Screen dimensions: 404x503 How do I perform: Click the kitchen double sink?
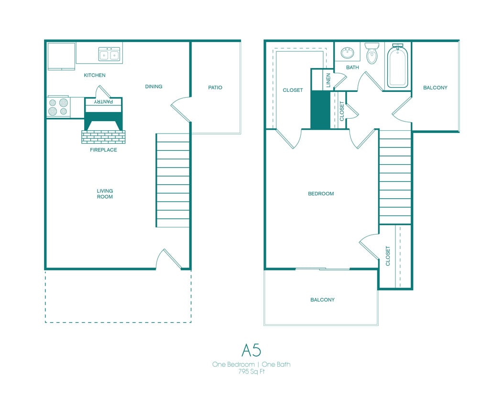pos(109,54)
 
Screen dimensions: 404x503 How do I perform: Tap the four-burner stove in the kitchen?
pos(58,107)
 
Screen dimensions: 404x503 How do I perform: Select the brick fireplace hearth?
pos(103,137)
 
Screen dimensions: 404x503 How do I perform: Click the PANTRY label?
pos(103,101)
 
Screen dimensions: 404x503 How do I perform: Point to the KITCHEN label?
pos(95,75)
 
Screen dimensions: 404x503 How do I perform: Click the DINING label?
pos(153,87)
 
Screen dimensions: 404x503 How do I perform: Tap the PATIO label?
pos(215,88)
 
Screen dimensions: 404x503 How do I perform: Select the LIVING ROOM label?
pos(105,194)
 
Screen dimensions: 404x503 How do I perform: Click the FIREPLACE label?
pos(103,150)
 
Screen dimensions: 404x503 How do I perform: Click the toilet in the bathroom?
pos(372,54)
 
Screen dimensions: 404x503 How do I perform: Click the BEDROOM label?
pos(320,194)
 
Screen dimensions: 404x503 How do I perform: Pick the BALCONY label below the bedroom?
pos(322,300)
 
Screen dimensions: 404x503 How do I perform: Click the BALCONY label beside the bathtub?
pos(435,88)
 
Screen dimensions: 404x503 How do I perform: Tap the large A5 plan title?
pos(251,350)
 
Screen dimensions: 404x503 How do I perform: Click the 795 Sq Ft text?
pos(251,371)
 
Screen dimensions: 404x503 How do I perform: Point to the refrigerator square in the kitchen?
pos(61,56)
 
